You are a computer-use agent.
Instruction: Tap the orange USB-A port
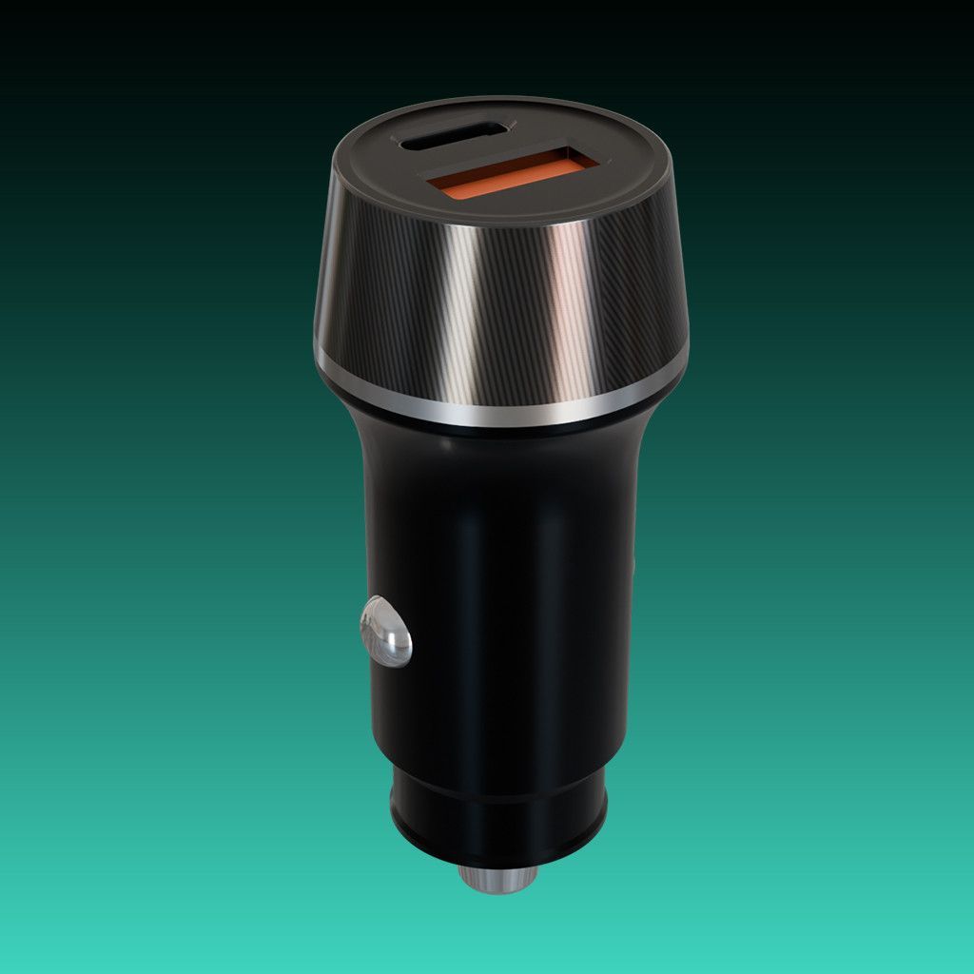tap(511, 175)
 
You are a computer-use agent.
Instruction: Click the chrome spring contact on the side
tap(385, 632)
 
